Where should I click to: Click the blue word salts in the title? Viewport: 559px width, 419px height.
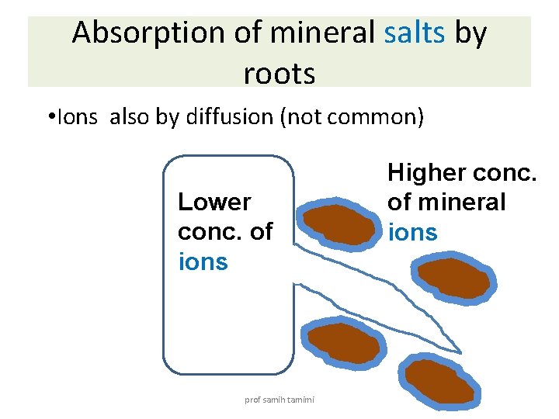[415, 33]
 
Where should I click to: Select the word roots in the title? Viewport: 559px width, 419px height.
[279, 74]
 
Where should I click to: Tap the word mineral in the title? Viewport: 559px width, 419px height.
[307, 33]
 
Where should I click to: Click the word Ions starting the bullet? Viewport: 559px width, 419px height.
[75, 117]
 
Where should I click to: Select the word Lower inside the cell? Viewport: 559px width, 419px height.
[214, 203]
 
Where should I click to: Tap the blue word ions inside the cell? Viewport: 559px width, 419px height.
[203, 261]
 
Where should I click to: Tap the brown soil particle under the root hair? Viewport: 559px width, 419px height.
[342, 343]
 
